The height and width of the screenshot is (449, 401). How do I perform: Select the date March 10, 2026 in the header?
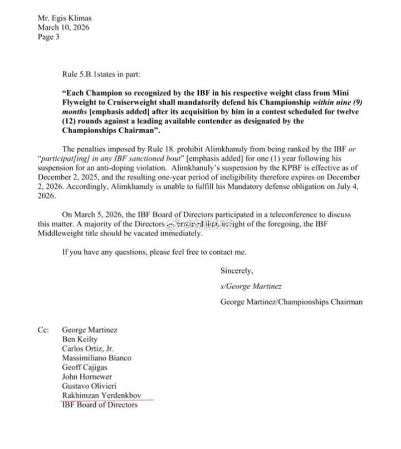click(63, 27)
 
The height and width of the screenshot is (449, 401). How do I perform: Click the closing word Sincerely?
click(237, 271)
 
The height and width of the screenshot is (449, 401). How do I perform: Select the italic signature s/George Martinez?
click(252, 286)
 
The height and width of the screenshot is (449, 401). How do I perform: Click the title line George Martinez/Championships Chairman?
click(291, 302)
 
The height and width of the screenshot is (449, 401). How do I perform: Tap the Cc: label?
click(45, 330)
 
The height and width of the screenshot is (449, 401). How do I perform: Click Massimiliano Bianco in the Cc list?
click(96, 358)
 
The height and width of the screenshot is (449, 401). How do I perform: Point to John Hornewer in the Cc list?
click(87, 377)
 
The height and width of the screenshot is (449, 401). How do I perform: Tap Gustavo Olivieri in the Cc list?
click(90, 386)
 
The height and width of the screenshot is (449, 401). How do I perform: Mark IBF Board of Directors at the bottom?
click(99, 405)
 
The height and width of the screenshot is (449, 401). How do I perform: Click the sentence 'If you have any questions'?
click(153, 252)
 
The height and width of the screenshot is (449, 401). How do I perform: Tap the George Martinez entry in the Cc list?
click(90, 330)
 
